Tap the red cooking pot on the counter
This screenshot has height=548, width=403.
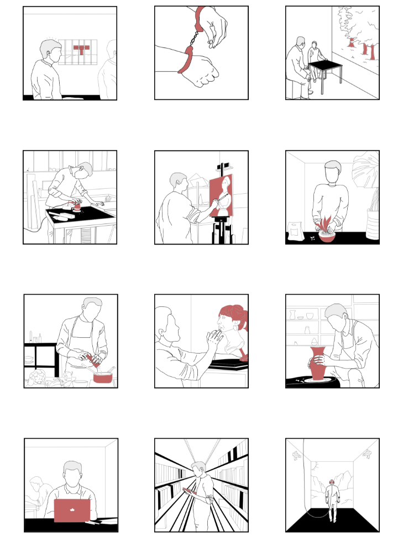click(103, 378)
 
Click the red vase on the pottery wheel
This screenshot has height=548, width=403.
click(318, 364)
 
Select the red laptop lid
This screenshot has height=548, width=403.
click(72, 510)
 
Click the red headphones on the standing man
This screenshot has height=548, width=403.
click(332, 482)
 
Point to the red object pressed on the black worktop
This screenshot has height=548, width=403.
click(77, 206)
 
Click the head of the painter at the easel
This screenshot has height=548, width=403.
click(179, 182)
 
